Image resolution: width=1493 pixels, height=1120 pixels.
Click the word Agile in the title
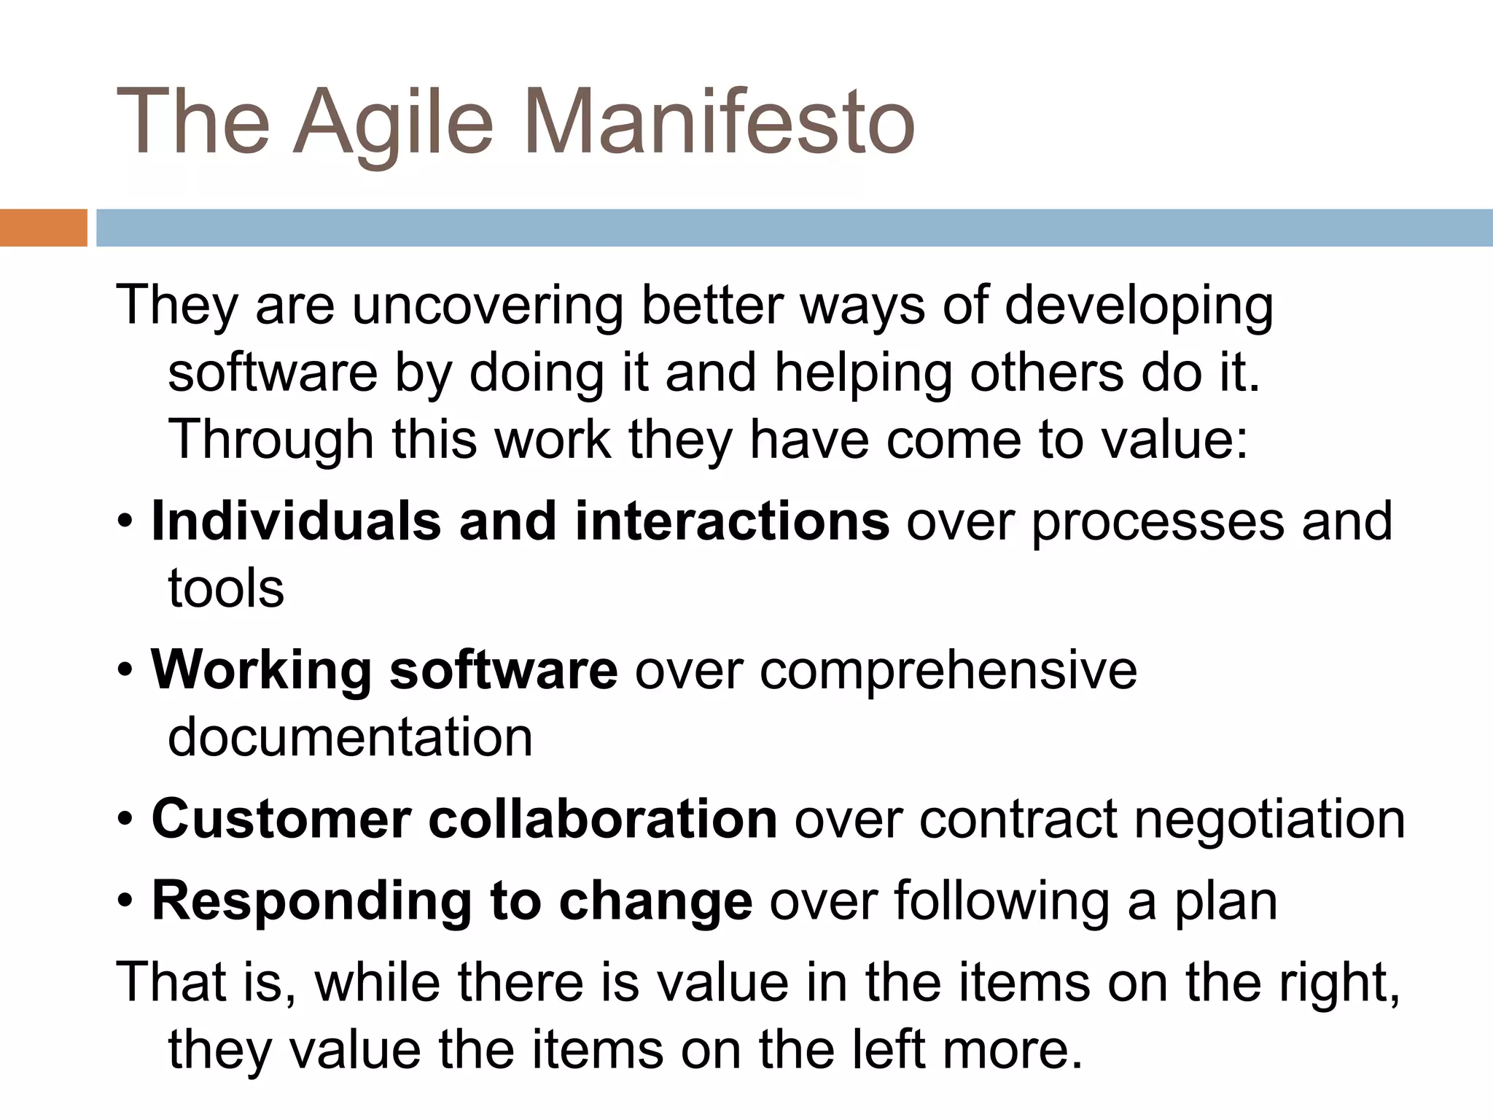[394, 121]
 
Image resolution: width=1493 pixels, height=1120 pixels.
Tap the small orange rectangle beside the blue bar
[43, 227]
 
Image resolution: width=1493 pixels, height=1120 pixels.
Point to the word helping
[862, 373]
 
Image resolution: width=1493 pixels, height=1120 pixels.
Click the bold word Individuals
[296, 521]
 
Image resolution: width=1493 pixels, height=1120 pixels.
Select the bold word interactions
[731, 521]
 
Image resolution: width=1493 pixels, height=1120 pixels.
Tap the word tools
[226, 589]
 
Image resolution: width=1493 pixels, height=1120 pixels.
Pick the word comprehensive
[948, 670]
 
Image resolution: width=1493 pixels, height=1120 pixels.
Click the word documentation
[351, 737]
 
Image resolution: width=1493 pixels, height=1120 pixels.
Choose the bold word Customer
[281, 819]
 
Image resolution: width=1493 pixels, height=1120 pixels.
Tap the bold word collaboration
[602, 819]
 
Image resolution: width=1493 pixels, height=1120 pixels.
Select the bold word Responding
[311, 901]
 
